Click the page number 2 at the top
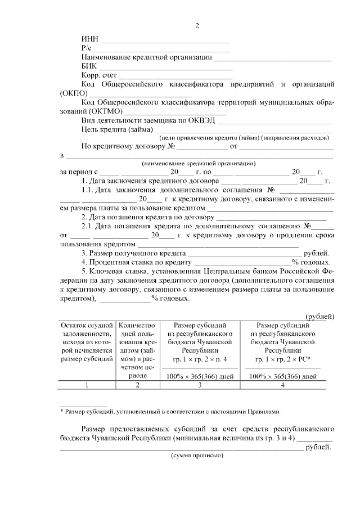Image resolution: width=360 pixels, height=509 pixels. [197, 26]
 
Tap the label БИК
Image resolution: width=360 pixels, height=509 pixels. [89, 66]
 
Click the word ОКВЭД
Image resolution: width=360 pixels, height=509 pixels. [202, 120]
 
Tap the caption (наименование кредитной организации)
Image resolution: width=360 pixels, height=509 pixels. [199, 163]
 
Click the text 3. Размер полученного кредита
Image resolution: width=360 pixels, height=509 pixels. [130, 253]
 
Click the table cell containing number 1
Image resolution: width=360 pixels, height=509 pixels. [87, 385]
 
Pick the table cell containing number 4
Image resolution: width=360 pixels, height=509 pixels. [282, 385]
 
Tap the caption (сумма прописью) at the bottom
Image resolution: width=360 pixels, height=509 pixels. [197, 456]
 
